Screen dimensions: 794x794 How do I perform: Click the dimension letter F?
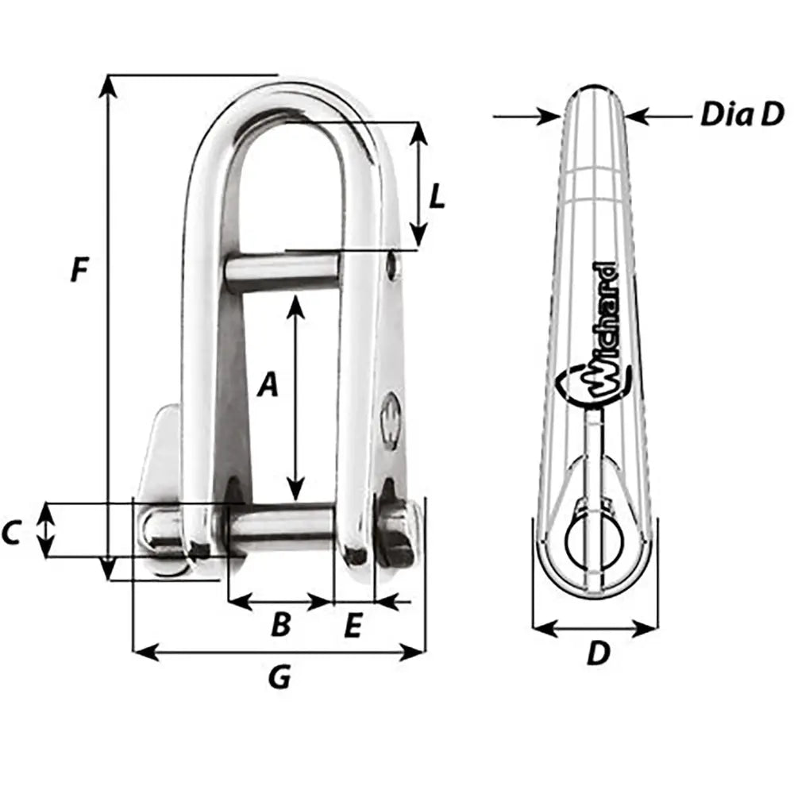point(78,270)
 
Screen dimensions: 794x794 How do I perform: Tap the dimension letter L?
point(436,196)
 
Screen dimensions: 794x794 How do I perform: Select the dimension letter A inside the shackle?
point(269,385)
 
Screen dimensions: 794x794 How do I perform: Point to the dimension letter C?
point(11,534)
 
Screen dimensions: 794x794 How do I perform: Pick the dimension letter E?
point(353,626)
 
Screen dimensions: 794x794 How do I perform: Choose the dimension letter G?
point(279,676)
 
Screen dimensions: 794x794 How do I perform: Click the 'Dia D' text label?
point(742,115)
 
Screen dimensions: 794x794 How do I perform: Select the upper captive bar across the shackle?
point(282,272)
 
